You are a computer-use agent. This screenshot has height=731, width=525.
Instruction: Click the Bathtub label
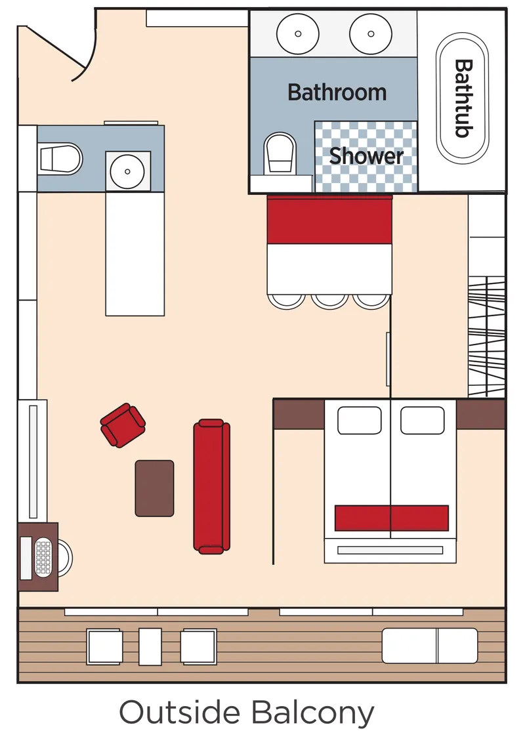[464, 98]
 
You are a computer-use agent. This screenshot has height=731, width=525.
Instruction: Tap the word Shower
[366, 156]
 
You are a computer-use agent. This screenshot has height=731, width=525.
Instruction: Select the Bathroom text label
[337, 92]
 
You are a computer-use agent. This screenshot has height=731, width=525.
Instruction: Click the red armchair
[123, 425]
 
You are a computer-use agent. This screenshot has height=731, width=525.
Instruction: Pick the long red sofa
[211, 486]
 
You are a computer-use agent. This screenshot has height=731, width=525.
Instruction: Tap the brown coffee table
[155, 488]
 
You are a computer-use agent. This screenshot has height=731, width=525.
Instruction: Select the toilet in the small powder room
[60, 158]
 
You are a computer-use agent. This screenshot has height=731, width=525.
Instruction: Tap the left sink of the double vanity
[298, 34]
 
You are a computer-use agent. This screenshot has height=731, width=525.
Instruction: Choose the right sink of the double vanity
[370, 34]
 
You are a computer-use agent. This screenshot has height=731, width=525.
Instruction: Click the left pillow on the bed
[359, 420]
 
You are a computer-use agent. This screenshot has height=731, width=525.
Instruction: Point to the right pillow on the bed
[422, 420]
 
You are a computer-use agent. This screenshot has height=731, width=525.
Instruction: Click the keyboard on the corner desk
[44, 558]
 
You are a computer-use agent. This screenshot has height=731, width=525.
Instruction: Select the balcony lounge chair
[430, 646]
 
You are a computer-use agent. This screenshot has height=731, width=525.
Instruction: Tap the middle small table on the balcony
[150, 646]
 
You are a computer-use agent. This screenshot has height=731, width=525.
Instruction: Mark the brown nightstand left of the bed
[299, 414]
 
